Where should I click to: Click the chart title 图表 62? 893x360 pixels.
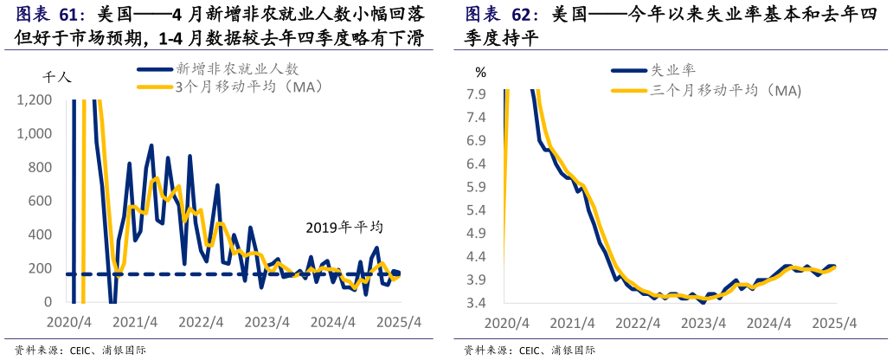point(502,15)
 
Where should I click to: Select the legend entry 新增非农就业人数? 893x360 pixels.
point(237,69)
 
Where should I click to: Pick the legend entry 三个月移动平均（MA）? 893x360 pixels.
point(725,90)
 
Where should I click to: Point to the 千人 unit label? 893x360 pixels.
point(58,77)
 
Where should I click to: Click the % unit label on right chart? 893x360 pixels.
point(480,73)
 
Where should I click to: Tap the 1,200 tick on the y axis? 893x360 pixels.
point(34,100)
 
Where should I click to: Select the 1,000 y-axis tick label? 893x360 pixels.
point(34,134)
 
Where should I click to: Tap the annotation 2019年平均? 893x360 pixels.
point(344,228)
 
